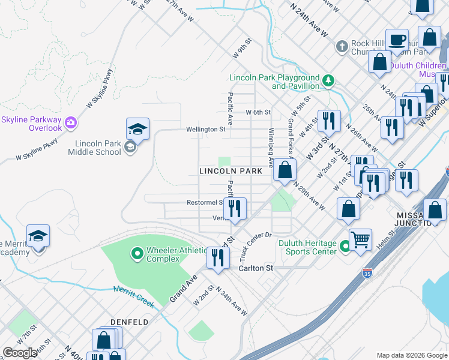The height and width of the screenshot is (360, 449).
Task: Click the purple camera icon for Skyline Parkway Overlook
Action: point(71,122)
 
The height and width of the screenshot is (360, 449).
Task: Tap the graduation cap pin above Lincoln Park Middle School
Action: point(137,129)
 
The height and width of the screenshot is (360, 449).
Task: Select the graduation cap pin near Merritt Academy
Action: point(38,236)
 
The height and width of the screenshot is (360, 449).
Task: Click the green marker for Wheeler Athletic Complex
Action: point(137,254)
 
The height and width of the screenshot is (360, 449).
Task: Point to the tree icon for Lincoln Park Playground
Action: point(328,80)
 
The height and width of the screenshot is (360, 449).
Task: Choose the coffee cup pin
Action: point(397,40)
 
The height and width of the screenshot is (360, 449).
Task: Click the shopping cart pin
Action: point(360,240)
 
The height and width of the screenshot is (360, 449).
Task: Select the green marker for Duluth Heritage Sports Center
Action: point(345,246)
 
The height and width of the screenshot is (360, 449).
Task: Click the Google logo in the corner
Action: point(20,353)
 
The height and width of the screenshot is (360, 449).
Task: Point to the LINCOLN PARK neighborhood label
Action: point(231,172)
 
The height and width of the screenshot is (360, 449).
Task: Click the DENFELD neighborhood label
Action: point(129,322)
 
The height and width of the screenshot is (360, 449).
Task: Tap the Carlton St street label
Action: point(256,268)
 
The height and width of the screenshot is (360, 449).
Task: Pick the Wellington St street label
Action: point(205,128)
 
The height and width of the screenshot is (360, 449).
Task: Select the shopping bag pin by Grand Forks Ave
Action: point(285,170)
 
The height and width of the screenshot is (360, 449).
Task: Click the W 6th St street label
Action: point(259,112)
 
